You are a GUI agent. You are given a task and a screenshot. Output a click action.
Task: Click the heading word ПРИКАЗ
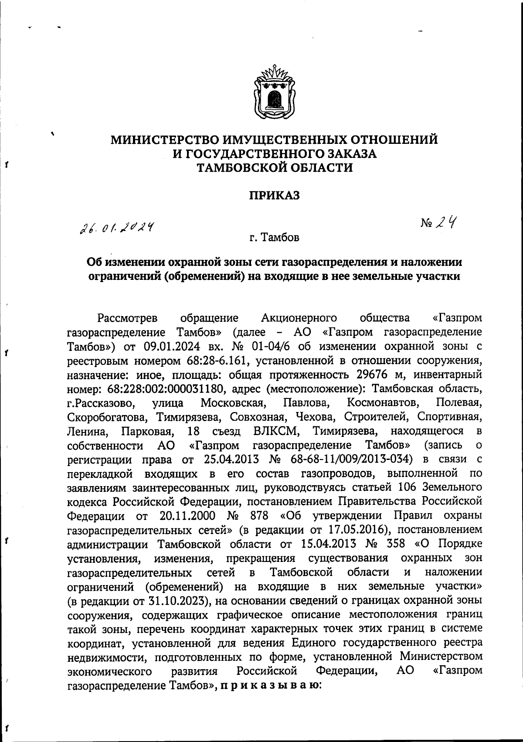[x=274, y=196]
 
